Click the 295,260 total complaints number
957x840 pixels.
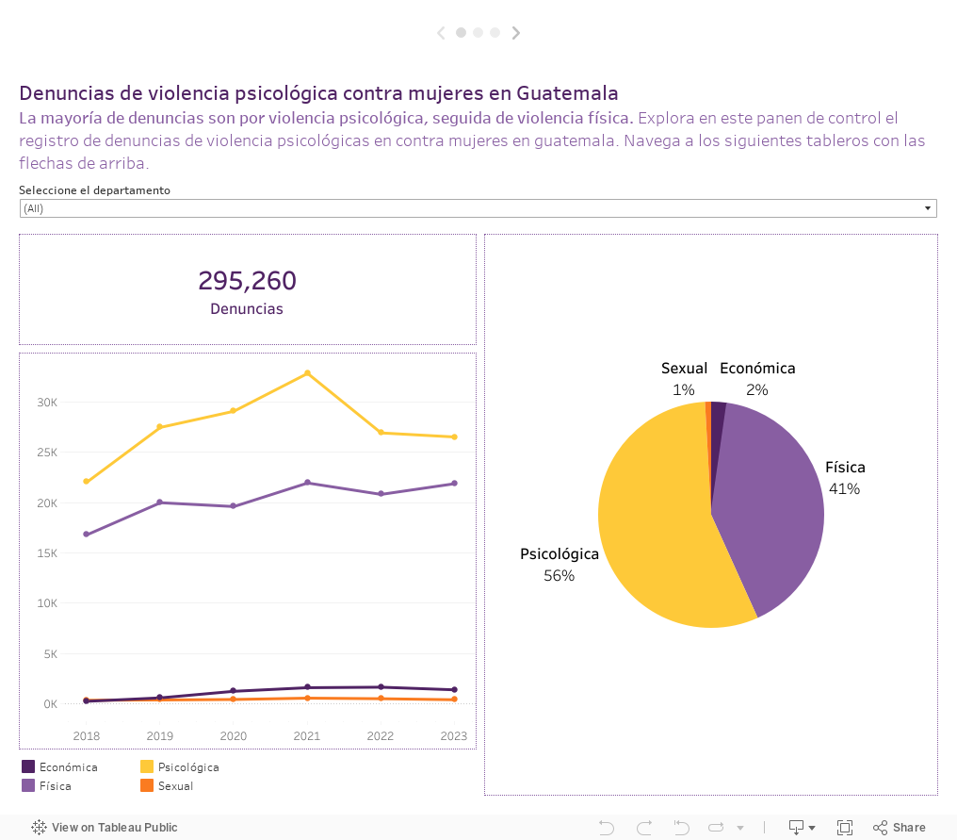pos(247,281)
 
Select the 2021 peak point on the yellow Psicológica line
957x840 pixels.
pos(307,373)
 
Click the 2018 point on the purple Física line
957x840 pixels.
pos(87,535)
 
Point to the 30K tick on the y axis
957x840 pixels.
pos(47,403)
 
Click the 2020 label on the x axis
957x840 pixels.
pos(233,736)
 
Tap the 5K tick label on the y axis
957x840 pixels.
pos(50,654)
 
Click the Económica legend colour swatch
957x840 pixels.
pos(28,767)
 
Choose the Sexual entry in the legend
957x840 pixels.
pos(175,786)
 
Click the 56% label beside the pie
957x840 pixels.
pos(559,575)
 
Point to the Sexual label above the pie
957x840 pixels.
pos(684,369)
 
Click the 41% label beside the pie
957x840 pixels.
pos(844,488)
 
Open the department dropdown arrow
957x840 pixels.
pos(928,208)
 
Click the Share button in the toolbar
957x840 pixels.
pos(900,828)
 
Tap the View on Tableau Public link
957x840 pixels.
pos(105,828)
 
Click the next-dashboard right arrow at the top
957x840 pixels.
pos(516,33)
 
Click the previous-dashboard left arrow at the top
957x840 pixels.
pos(441,33)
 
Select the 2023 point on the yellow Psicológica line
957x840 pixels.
pos(454,437)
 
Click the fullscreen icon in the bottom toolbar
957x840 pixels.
pos(845,828)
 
